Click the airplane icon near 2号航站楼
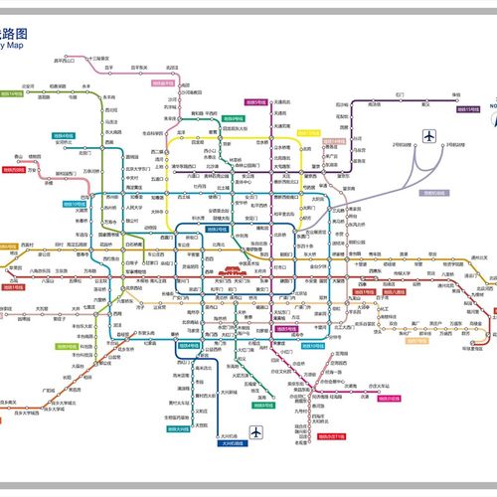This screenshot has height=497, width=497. click(x=429, y=135)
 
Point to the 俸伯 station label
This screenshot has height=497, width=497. click(x=457, y=94)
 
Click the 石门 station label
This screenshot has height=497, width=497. click(x=400, y=94)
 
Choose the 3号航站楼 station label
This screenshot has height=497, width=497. click(x=456, y=145)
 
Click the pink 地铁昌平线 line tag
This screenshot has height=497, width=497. click(x=164, y=84)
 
